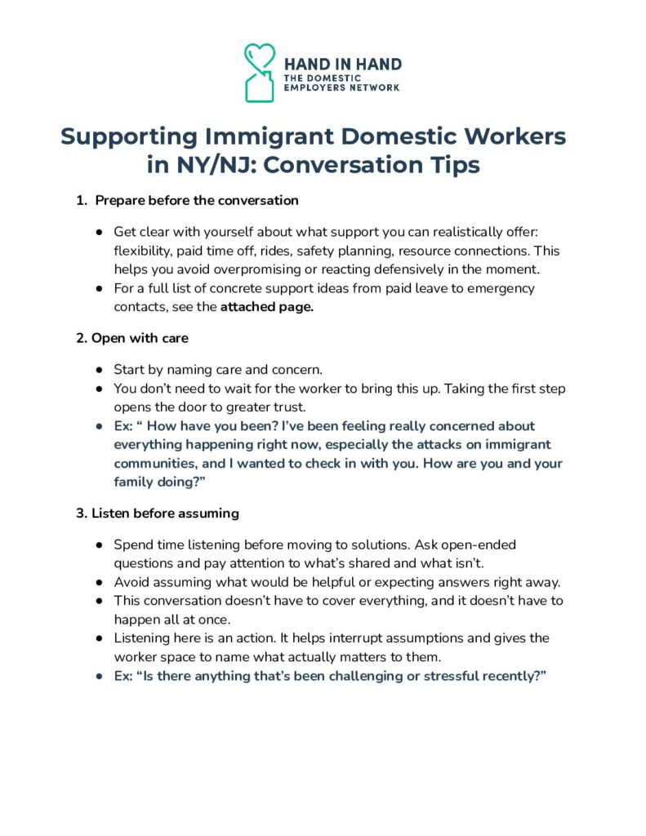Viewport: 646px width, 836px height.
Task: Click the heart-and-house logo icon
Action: point(261,73)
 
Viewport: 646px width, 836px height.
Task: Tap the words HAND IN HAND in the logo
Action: point(342,64)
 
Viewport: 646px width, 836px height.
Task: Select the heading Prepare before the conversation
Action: point(197,200)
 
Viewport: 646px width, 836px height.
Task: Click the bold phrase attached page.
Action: point(267,307)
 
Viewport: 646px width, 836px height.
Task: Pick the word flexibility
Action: point(142,250)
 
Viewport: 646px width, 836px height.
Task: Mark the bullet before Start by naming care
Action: point(99,371)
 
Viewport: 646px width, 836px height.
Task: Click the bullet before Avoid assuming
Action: point(99,582)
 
